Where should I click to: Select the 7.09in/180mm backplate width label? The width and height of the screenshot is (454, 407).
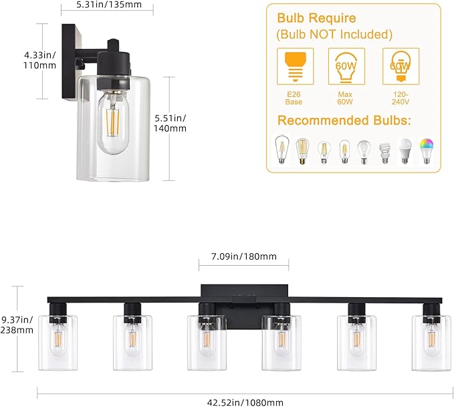click(x=243, y=256)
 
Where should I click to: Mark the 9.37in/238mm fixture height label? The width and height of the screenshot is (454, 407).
click(x=17, y=325)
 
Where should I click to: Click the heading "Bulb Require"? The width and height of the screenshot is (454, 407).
click(x=316, y=18)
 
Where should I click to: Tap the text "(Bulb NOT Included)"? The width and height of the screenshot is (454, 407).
click(x=334, y=34)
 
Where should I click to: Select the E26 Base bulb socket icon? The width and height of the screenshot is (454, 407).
click(x=294, y=66)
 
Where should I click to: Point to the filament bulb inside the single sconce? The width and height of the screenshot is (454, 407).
click(x=114, y=127)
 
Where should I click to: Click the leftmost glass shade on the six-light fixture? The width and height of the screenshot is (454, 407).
click(x=58, y=340)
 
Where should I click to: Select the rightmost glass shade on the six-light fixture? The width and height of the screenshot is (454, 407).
click(x=430, y=340)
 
